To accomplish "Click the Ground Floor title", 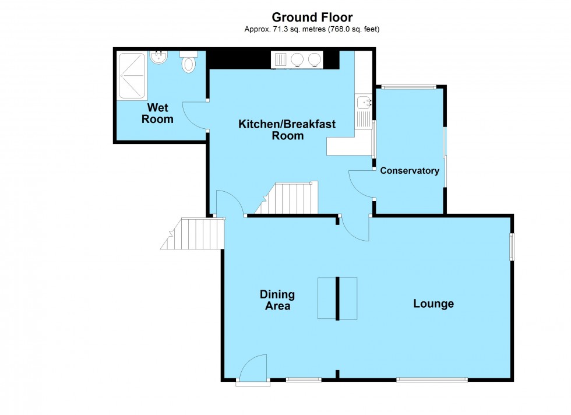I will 312,17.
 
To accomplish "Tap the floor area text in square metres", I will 312,29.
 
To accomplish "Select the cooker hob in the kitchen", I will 297,59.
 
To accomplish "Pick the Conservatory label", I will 409,171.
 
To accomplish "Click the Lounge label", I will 433,304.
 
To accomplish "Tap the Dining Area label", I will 277,300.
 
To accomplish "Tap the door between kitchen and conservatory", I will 360,184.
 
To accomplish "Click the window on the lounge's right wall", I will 512,247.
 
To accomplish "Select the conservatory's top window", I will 409,87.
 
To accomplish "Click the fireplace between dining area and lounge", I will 337,298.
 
